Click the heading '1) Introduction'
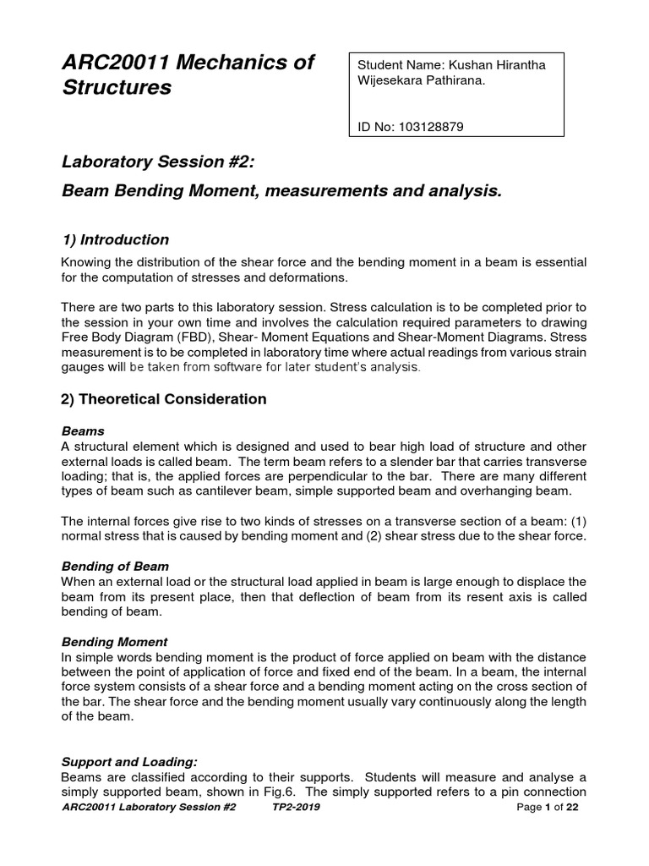pyautogui.click(x=116, y=239)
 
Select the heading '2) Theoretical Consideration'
pyautogui.click(x=165, y=398)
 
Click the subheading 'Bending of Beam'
pyautogui.click(x=115, y=566)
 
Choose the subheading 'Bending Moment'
pyautogui.click(x=115, y=642)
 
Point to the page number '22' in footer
pyautogui.click(x=572, y=808)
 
